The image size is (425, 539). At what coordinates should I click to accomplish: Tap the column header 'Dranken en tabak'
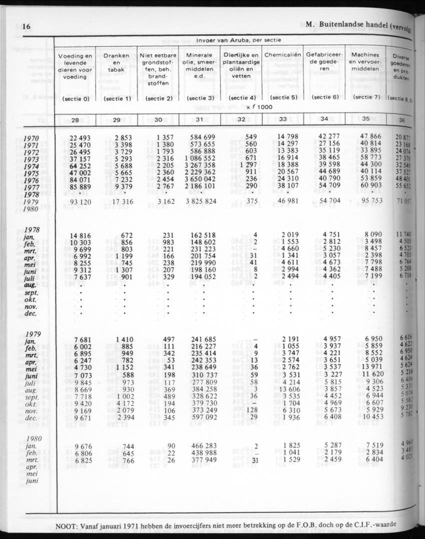(116, 63)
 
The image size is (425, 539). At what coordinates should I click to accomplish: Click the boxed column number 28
(77, 119)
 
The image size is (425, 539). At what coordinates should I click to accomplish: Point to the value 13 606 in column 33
(286, 389)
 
